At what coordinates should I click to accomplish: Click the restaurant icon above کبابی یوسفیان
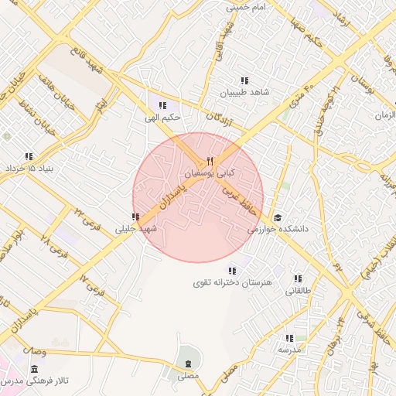[x=210, y=160]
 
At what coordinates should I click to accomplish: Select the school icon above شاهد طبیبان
[x=244, y=80]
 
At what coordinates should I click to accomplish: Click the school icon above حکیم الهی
[x=162, y=106]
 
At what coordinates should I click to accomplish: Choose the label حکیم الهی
[x=162, y=118]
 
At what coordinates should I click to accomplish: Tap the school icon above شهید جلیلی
[x=135, y=217]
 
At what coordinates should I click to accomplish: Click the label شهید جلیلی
[x=135, y=229]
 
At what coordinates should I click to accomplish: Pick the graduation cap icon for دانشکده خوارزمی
[x=277, y=217]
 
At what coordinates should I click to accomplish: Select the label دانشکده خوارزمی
[x=278, y=230]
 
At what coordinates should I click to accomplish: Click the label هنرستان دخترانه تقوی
[x=234, y=283]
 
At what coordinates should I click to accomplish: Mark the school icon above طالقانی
[x=298, y=278]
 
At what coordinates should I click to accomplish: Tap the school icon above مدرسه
[x=289, y=338]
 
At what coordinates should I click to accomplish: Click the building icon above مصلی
[x=188, y=364]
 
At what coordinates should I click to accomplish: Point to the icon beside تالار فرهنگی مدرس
[x=34, y=370]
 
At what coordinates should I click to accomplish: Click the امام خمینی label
[x=247, y=7]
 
